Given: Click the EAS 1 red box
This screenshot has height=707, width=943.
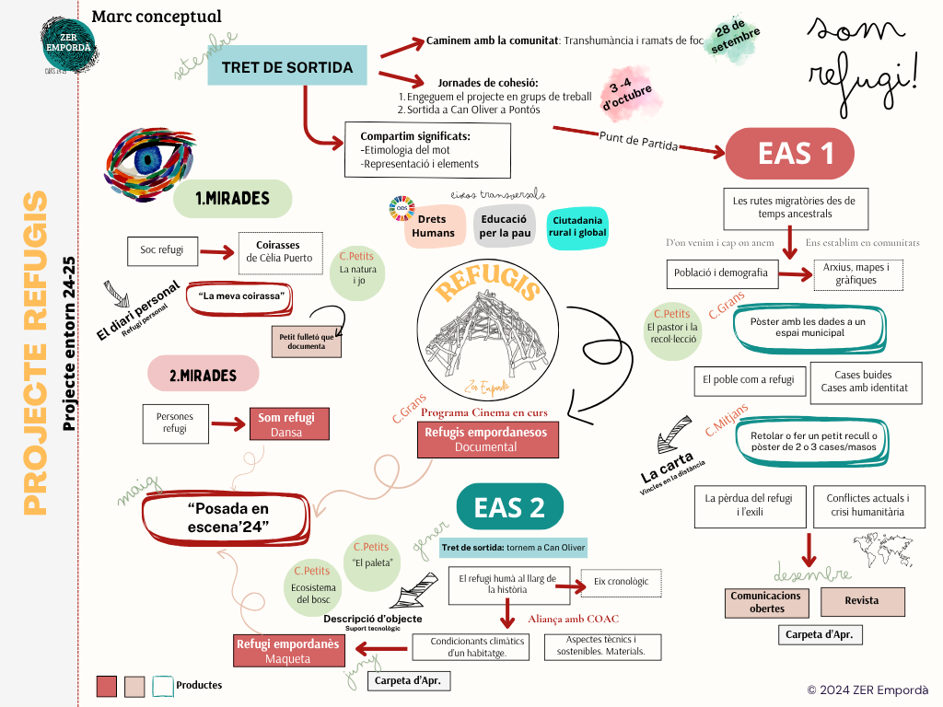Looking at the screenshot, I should point(797,153).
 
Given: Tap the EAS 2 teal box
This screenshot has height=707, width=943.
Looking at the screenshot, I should point(509,507).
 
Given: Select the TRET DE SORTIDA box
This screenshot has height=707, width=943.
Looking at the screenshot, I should point(286,68).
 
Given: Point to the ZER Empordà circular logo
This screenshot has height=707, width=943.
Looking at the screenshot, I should point(67,41).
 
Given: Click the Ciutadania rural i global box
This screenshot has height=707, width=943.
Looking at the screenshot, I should point(577,226).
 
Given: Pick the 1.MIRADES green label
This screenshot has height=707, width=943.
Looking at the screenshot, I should point(232,199).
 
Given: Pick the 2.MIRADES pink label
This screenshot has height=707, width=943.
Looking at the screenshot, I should point(203,376).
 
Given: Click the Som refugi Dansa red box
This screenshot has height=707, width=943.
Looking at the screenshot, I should point(286,424).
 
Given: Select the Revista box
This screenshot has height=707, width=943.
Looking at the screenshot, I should point(862,601).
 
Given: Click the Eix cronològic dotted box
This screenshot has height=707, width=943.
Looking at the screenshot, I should point(621,582).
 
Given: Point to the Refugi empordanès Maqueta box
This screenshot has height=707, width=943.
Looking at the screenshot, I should point(287,651).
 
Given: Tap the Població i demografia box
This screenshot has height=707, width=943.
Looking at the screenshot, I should point(722,273).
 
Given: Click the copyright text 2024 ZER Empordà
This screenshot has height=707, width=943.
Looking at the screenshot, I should point(867,690).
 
